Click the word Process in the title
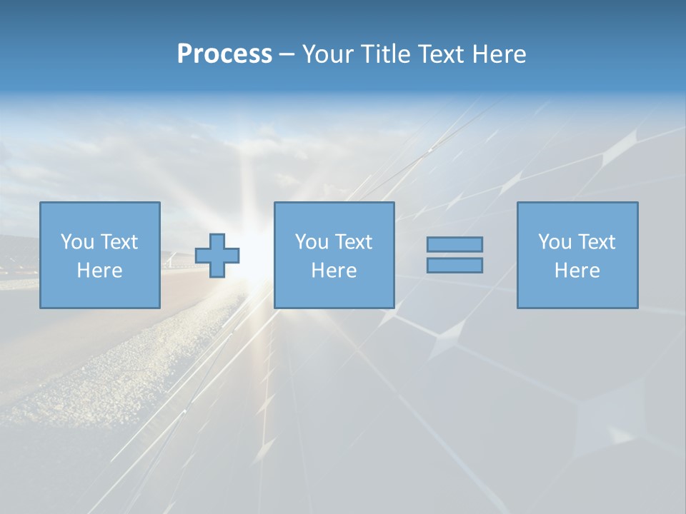[224, 54]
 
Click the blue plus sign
[217, 255]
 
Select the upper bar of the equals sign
[454, 244]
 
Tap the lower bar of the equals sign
[454, 265]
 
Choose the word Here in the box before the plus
[99, 271]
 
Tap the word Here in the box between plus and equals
[334, 271]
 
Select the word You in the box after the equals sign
[555, 242]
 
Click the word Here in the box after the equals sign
[577, 271]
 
